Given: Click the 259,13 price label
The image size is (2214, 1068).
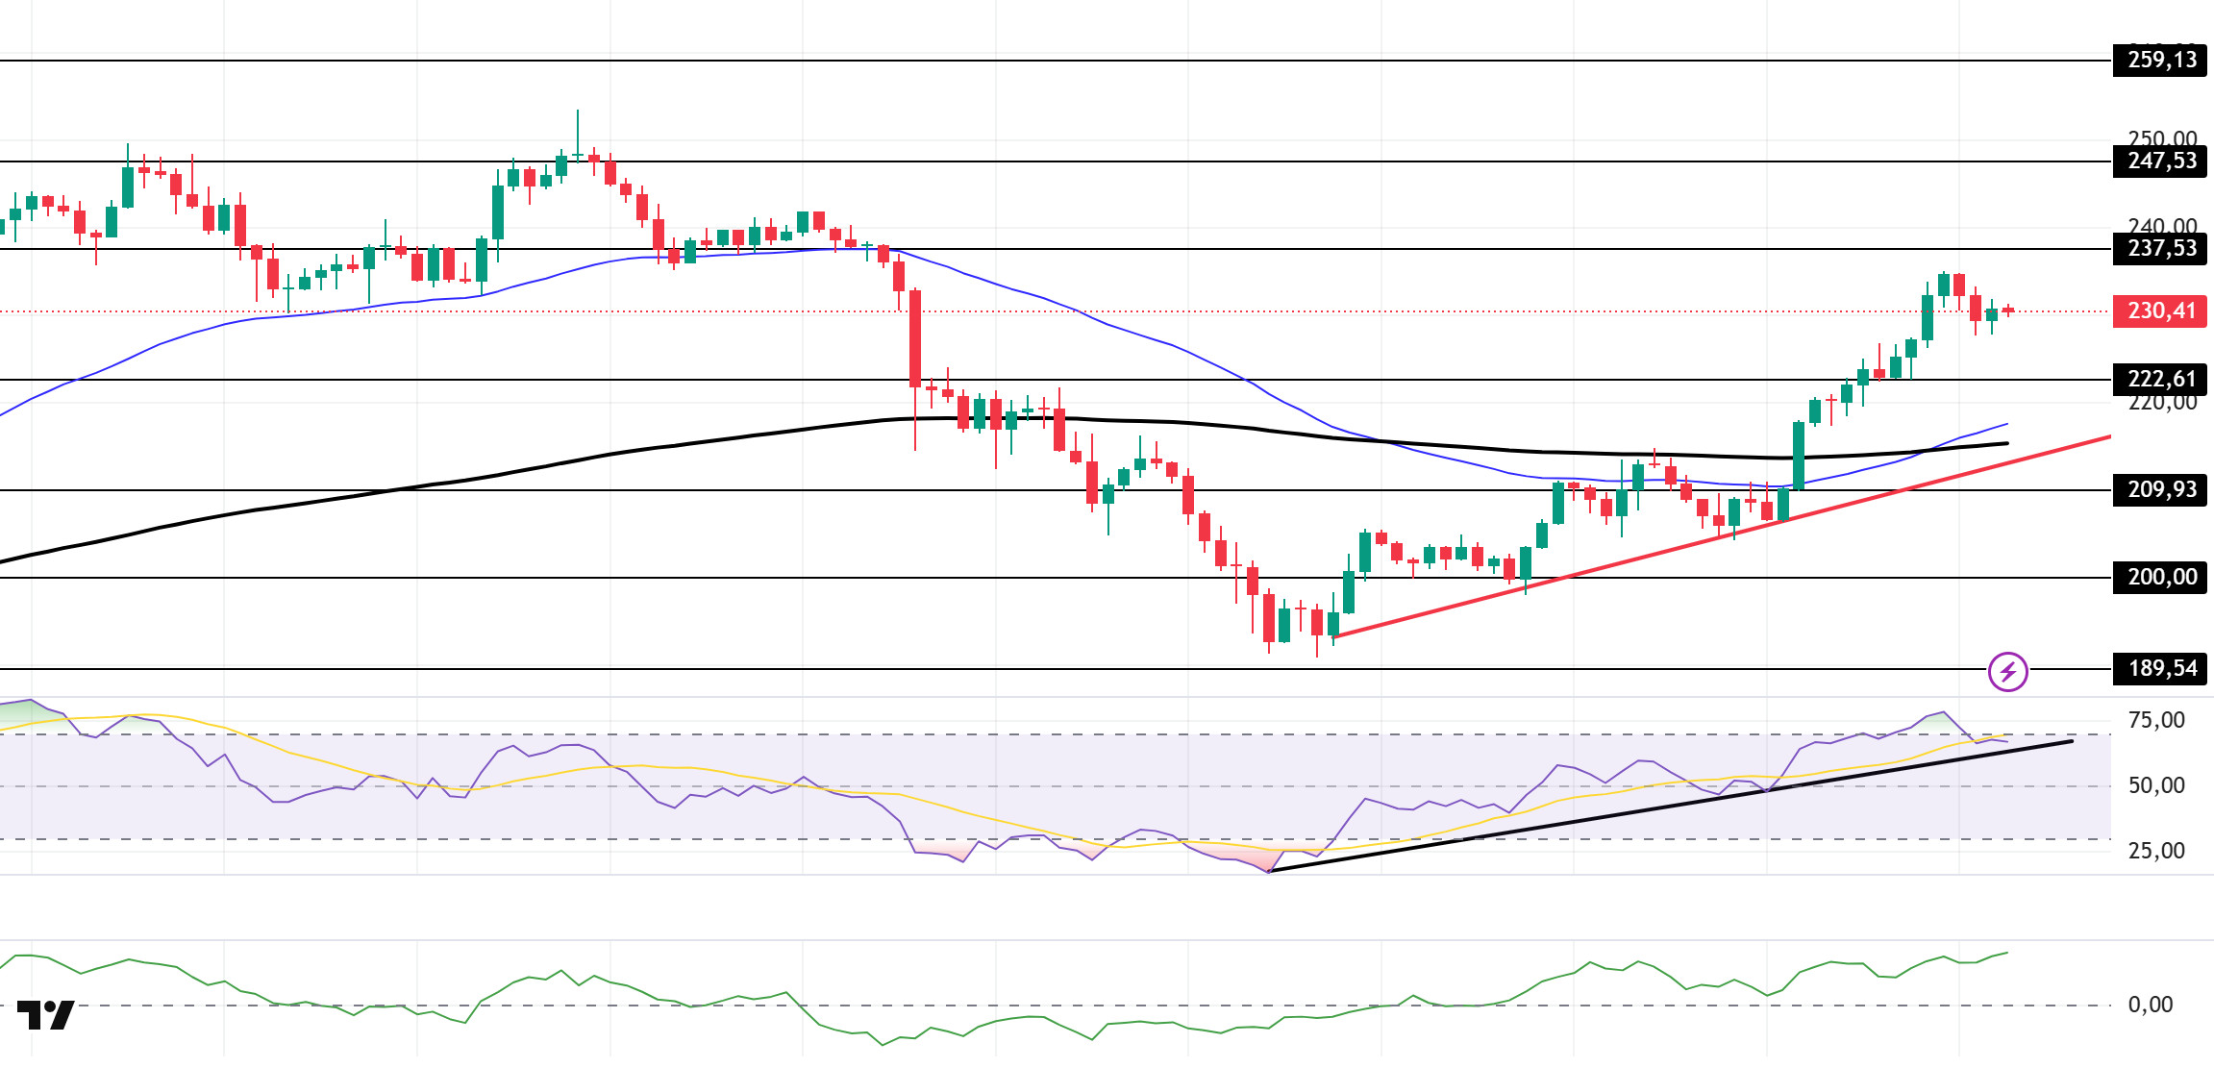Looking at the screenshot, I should [2160, 61].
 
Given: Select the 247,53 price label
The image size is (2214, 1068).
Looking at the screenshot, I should [2160, 161].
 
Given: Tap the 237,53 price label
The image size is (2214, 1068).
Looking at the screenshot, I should [2160, 249].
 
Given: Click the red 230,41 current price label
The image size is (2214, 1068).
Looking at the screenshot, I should [2160, 311].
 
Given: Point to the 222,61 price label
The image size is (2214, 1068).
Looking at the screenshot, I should [2160, 380].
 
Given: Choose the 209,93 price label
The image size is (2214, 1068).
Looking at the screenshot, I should [2160, 490].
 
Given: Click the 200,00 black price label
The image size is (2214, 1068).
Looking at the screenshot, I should [2160, 578].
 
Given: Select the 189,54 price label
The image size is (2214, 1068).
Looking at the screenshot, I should [2160, 669].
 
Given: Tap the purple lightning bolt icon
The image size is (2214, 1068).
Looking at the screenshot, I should [2008, 672].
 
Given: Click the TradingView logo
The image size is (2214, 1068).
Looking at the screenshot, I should [45, 1015].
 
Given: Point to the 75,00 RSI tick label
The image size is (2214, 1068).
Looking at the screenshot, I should [2156, 721].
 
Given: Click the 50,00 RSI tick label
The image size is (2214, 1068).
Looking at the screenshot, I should [2156, 786].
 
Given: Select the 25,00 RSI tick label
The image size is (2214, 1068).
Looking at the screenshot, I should [2156, 852].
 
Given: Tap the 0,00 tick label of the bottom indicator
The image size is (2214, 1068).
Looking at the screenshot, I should [2151, 1006].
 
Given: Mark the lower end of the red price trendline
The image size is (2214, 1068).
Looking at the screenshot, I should [1334, 636].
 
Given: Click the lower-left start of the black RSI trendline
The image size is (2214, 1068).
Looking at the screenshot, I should [1270, 871].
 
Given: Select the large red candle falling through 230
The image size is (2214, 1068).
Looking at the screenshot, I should [915, 338].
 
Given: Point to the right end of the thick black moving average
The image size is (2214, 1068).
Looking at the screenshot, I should [2006, 443].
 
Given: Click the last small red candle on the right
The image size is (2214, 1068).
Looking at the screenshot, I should [2008, 310].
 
